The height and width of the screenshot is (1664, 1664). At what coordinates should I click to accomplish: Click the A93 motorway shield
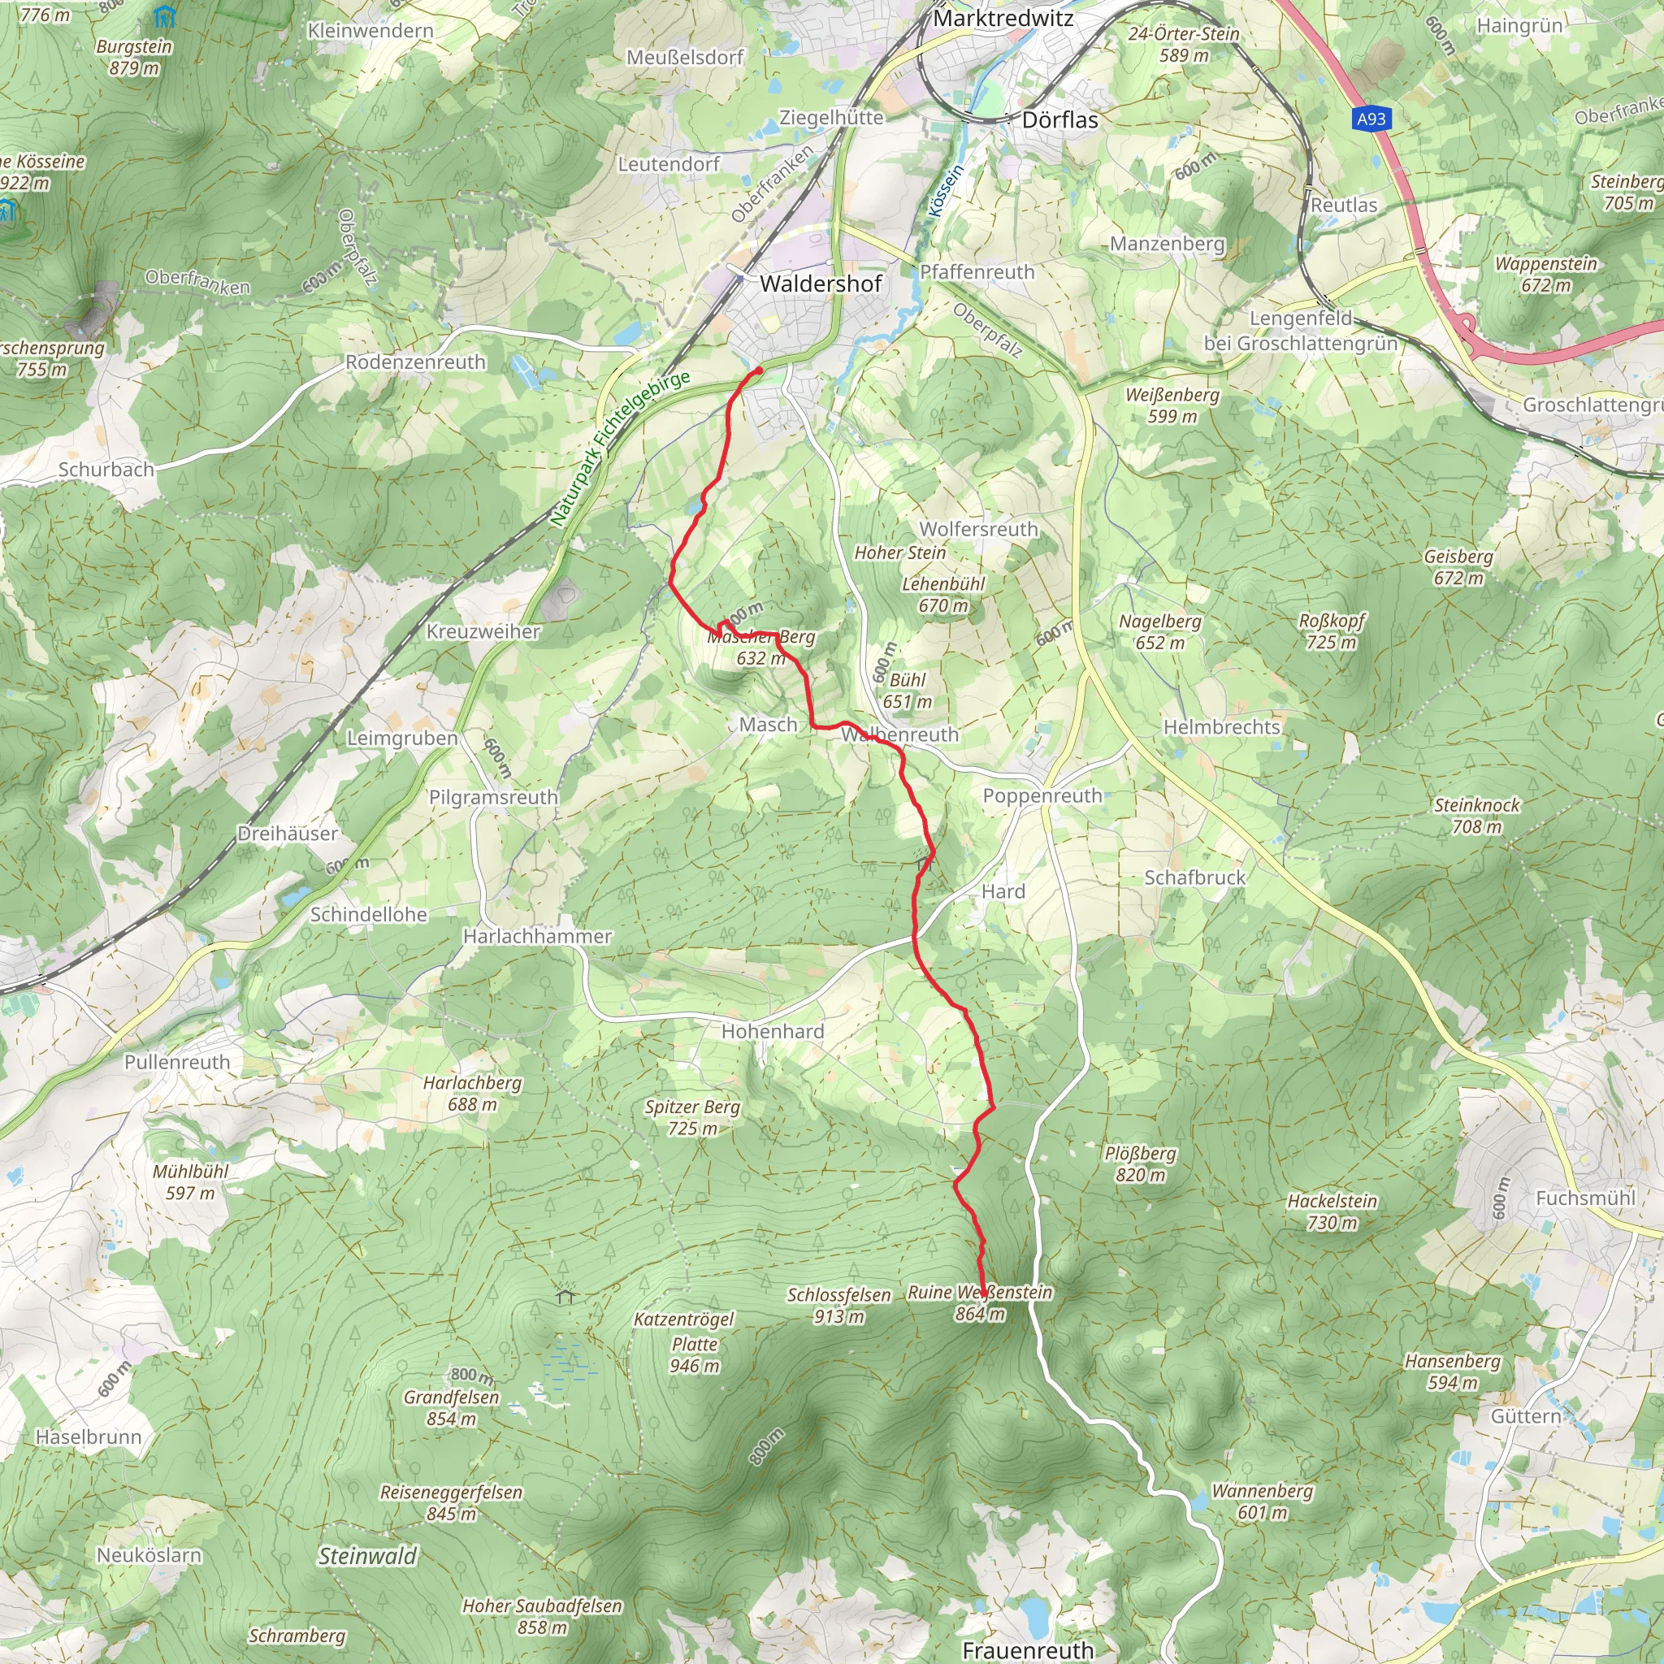pos(1371,118)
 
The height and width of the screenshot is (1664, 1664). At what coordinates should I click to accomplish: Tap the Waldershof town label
pos(821,284)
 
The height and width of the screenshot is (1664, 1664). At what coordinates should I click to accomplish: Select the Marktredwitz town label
pos(1003,18)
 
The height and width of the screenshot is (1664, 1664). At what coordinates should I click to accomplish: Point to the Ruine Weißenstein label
pos(980,1302)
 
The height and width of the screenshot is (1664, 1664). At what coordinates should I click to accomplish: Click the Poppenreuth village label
pos(1042,795)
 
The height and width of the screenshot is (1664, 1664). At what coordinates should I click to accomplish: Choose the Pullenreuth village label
pos(177,1062)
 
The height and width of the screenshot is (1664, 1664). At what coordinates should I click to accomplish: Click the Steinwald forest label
pos(368,1555)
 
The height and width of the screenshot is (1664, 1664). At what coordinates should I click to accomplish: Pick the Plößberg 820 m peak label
pos(1140,1163)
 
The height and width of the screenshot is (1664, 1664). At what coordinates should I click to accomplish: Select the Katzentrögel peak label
pos(685,1319)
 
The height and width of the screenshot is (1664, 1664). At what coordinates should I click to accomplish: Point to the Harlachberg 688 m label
pos(472,1093)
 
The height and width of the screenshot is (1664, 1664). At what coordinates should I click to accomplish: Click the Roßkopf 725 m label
pos(1332,631)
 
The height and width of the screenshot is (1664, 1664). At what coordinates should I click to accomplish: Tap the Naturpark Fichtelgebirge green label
pos(620,448)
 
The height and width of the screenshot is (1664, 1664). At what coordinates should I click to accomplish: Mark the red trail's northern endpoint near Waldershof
pos(759,370)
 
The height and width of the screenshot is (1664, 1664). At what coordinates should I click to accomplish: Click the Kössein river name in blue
pos(945,191)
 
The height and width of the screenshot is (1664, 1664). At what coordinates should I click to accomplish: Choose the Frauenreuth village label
pos(1028,1649)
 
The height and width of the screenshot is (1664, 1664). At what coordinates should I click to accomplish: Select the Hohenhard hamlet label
pos(773,1031)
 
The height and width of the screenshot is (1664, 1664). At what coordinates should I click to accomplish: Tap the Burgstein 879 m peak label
pos(134,57)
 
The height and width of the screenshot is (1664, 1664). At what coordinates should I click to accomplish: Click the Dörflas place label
pos(1059,119)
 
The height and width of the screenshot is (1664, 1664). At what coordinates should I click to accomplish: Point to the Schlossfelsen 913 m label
pos(838,1305)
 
